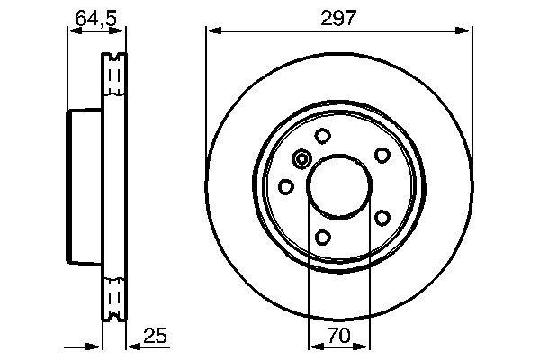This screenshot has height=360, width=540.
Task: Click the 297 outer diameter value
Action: [x=339, y=17]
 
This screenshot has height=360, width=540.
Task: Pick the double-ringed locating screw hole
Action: [x=301, y=159]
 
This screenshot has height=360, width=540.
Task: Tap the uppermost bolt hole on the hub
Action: [x=322, y=137]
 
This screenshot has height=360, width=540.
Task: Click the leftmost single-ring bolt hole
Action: [x=286, y=186]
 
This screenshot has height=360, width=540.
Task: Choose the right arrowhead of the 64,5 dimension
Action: [x=120, y=31]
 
